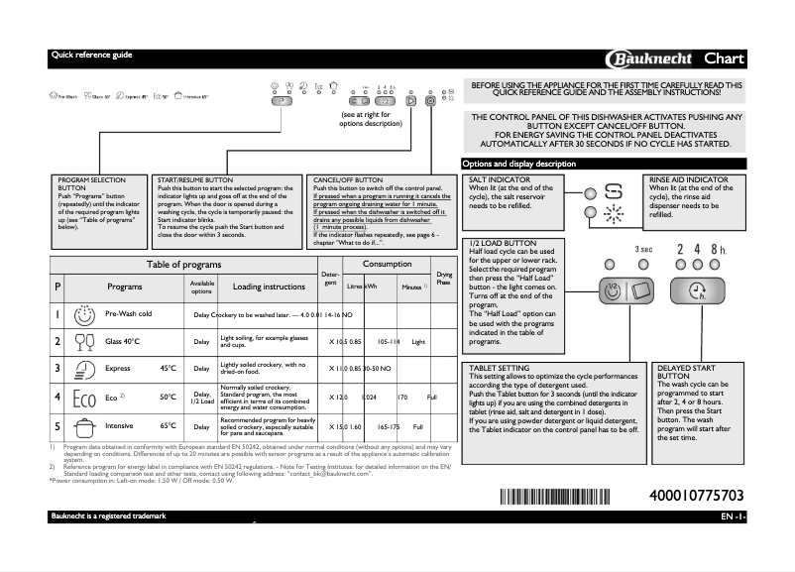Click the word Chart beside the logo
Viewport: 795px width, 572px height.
coord(724,57)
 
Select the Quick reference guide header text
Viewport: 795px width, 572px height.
coord(91,55)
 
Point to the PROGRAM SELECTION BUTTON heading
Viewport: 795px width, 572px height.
coord(92,183)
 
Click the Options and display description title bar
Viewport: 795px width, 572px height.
coord(519,164)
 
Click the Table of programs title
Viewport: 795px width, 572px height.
coord(184,265)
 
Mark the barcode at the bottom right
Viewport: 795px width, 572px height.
coord(554,496)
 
